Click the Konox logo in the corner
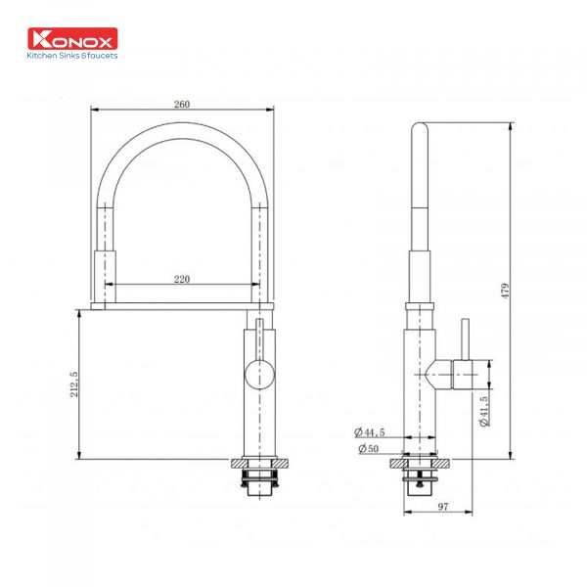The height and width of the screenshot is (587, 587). tap(74, 39)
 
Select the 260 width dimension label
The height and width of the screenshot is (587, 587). tap(182, 104)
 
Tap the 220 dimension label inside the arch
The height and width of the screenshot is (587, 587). tap(182, 279)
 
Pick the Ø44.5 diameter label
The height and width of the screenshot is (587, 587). tap(373, 431)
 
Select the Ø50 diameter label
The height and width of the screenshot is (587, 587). tap(370, 448)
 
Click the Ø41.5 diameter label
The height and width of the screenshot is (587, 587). tap(483, 412)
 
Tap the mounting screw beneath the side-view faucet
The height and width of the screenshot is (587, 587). tap(423, 480)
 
